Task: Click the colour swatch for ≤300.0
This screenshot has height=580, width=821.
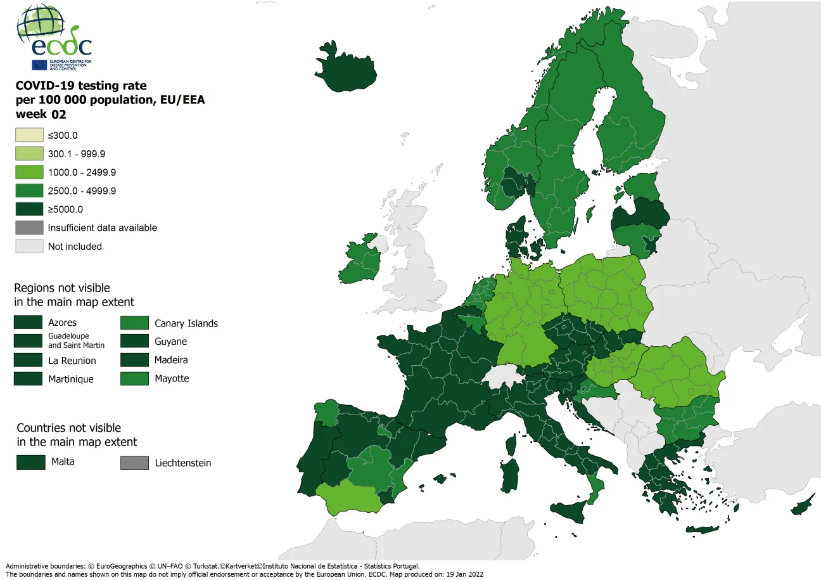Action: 30,135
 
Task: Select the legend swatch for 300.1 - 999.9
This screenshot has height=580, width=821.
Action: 30,154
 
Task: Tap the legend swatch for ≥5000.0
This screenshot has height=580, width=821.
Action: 30,209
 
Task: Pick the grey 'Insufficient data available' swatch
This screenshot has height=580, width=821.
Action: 30,228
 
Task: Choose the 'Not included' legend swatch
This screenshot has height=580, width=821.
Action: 30,247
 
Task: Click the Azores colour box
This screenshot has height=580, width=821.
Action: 28,323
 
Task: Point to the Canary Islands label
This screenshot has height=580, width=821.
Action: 186,323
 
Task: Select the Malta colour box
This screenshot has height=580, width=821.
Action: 30,462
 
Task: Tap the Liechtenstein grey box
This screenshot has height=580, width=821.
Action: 134,463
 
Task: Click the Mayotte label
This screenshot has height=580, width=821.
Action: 172,378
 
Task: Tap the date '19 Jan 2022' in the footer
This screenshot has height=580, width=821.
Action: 461,574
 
